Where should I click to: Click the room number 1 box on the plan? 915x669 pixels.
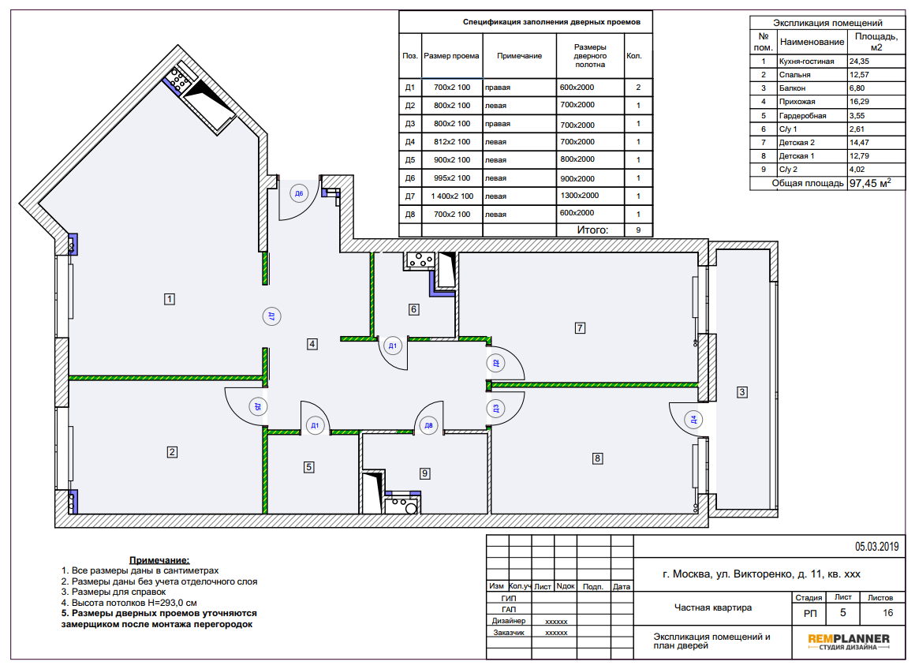point(170,299)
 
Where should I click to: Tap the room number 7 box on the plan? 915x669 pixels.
point(580,328)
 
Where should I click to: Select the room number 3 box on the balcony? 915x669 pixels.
point(741,392)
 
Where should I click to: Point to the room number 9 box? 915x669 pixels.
point(425,473)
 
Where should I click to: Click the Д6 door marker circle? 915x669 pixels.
point(299,193)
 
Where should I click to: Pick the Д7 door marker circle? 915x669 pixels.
point(271,316)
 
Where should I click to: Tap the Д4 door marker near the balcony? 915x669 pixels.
point(693,419)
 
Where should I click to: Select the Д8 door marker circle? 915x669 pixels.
point(428,425)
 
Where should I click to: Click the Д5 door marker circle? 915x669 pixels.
point(257,406)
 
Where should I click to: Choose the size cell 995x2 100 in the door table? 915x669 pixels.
point(452,178)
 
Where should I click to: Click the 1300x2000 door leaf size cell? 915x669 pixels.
point(580,196)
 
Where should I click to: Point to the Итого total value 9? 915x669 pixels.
point(638,230)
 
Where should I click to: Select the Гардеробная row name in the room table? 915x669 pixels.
point(802,116)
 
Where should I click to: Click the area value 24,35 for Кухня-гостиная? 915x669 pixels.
point(860,62)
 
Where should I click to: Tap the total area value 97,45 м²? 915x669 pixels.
point(870,183)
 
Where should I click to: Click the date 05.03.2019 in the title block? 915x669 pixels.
point(876,547)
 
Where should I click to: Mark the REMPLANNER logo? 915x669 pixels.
point(849,641)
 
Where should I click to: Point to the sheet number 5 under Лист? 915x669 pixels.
point(842,613)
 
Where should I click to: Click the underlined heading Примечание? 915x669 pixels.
point(159,560)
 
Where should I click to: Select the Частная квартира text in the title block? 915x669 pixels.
point(712,607)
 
